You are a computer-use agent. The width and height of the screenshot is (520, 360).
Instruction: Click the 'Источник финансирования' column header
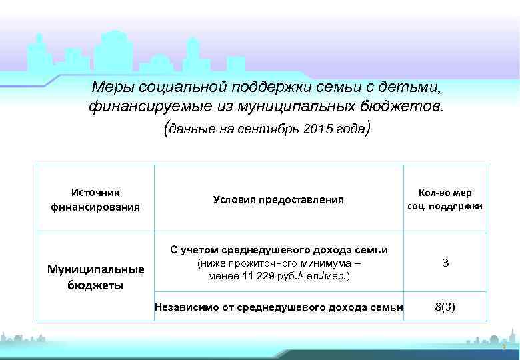[x=95, y=199]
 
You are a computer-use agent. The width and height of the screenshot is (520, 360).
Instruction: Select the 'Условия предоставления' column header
[x=278, y=199]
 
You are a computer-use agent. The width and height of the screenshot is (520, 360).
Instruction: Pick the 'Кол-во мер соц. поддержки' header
[x=445, y=199]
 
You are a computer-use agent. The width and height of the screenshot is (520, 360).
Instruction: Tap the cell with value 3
[x=445, y=263]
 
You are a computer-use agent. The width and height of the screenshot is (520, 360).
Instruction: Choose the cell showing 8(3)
[x=445, y=307]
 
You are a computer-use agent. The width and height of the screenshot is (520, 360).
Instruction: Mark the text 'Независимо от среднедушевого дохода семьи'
[x=279, y=307]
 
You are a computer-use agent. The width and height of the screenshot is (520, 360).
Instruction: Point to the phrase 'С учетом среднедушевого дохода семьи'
[x=279, y=250]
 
